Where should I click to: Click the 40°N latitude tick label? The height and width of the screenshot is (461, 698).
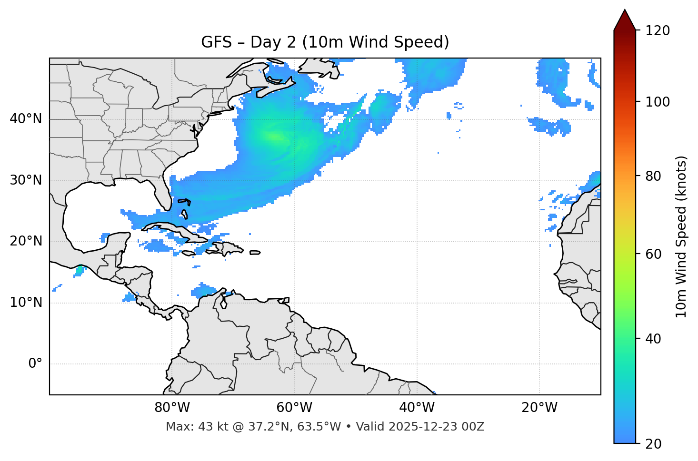pyautogui.click(x=26, y=119)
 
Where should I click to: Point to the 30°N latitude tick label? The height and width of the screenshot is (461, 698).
pyautogui.click(x=26, y=180)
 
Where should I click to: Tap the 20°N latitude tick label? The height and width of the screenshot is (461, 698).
pyautogui.click(x=26, y=241)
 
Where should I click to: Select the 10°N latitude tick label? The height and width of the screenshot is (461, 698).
pyautogui.click(x=26, y=303)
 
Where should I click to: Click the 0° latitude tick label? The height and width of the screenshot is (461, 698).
pyautogui.click(x=35, y=364)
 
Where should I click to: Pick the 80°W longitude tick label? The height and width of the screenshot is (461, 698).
pyautogui.click(x=172, y=408)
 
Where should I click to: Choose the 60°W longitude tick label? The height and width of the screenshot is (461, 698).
pyautogui.click(x=294, y=408)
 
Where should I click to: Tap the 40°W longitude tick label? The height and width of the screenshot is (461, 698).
pyautogui.click(x=417, y=408)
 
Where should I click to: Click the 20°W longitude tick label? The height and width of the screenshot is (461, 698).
pyautogui.click(x=539, y=408)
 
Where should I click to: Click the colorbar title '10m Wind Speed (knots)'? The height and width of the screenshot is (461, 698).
pyautogui.click(x=681, y=236)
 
